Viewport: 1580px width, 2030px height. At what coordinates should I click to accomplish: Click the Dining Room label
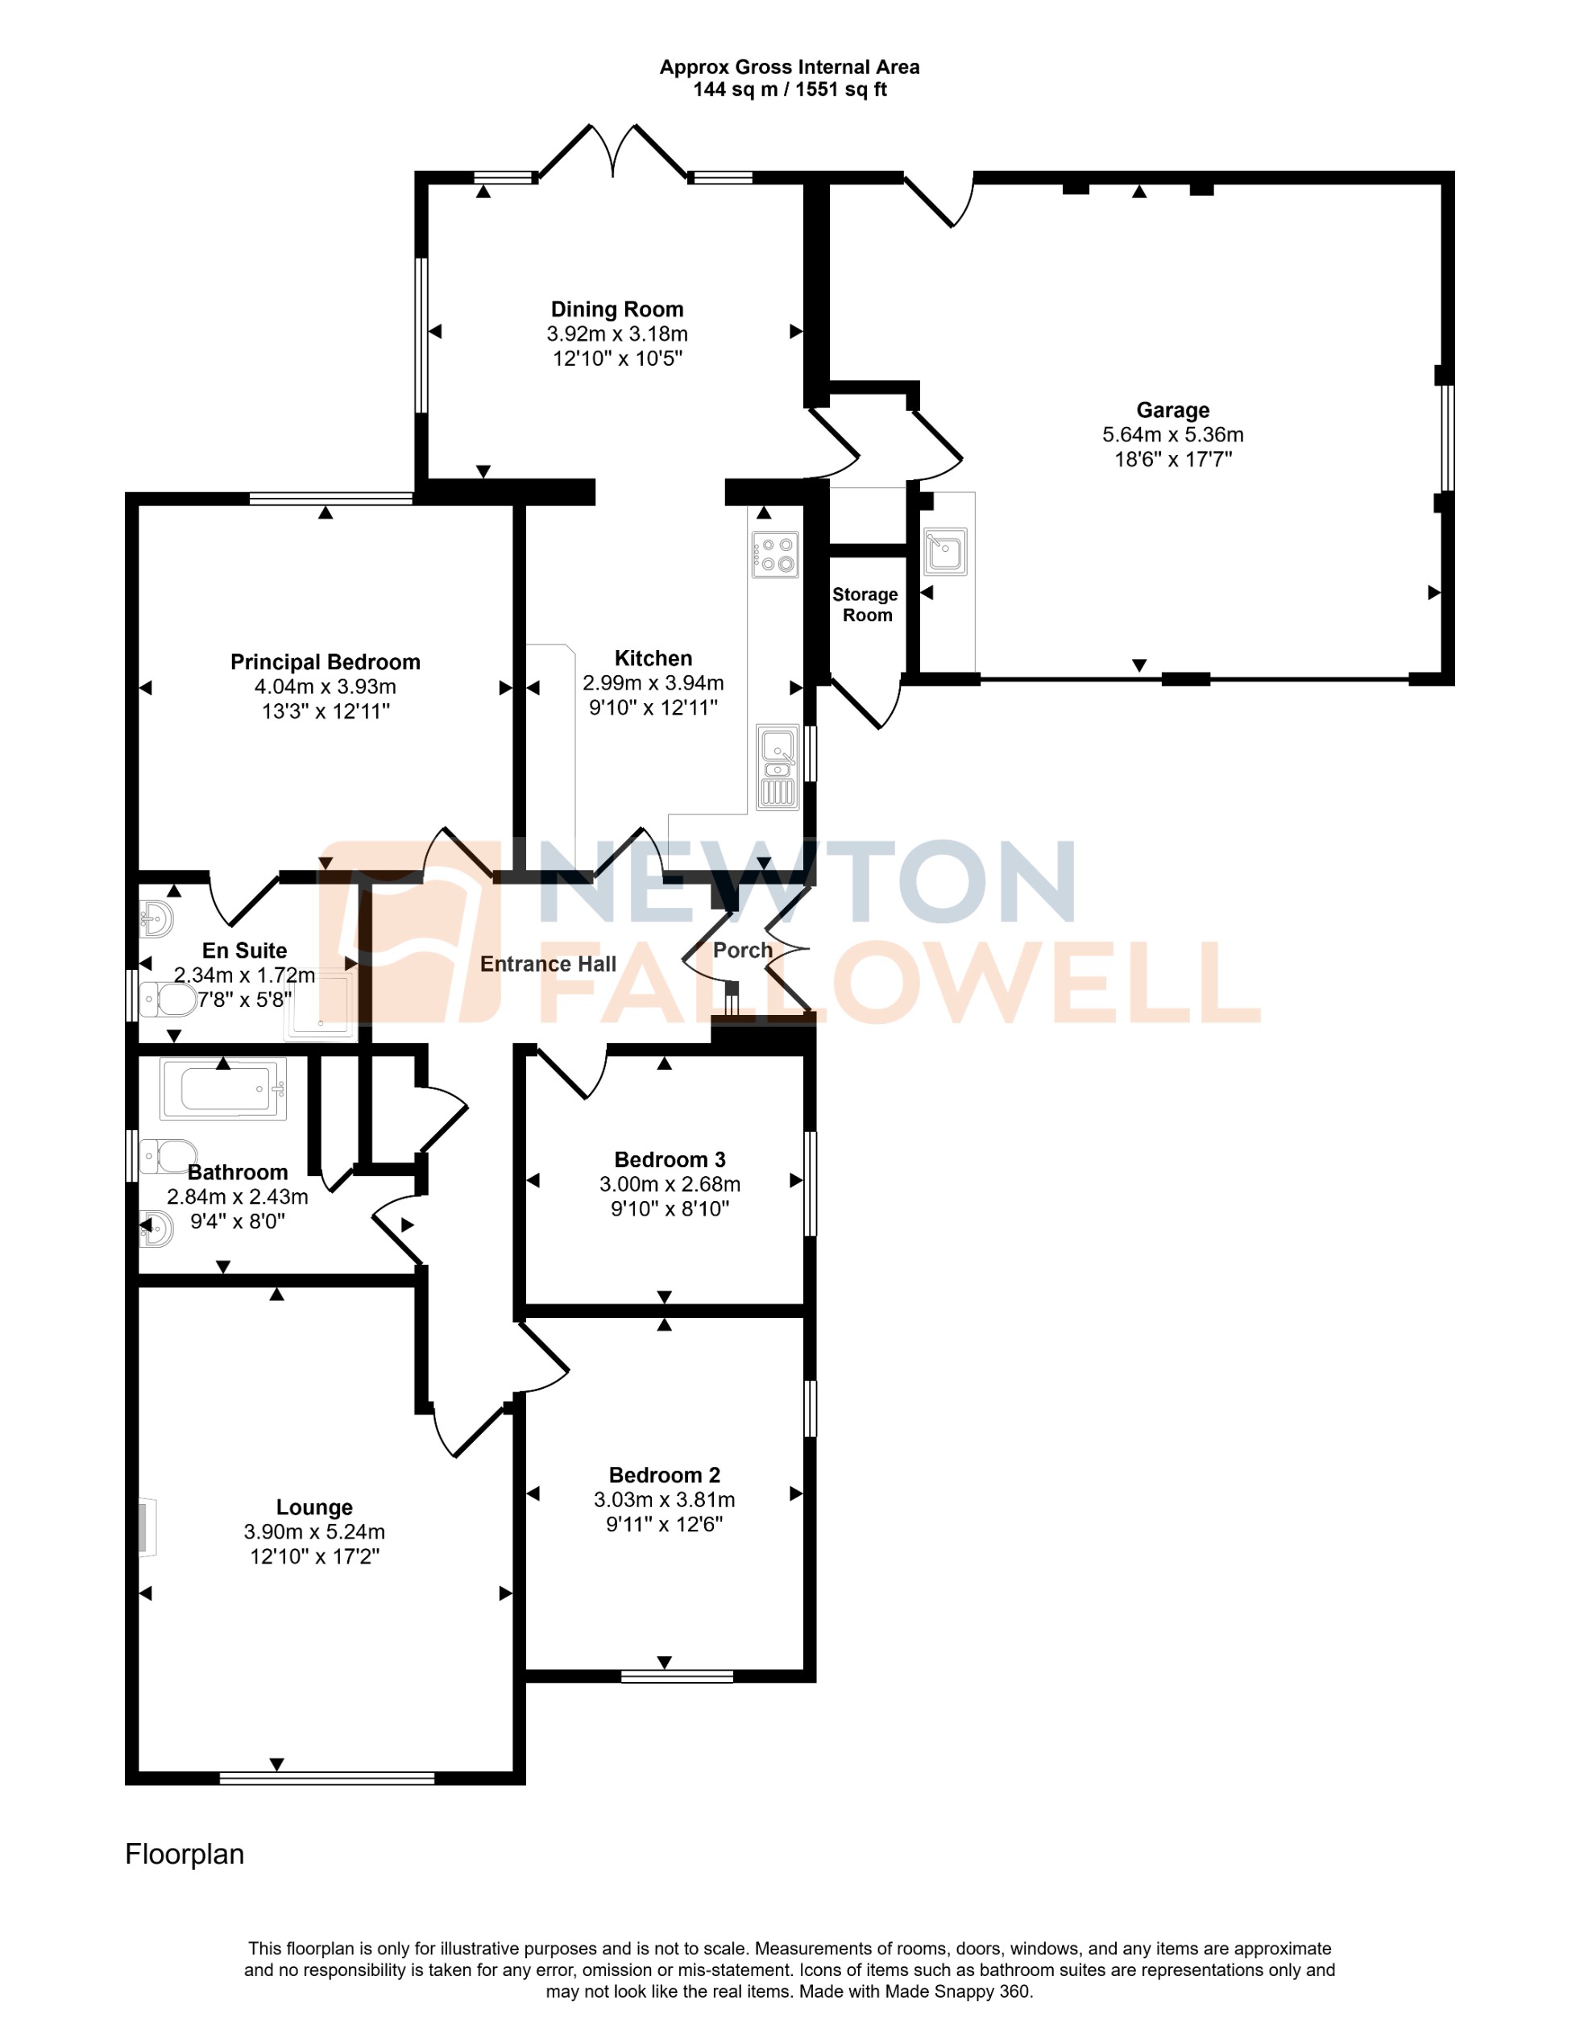(617, 309)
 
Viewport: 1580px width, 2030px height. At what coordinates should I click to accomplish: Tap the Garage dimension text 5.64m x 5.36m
(1173, 434)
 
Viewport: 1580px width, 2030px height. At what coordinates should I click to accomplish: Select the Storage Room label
(865, 604)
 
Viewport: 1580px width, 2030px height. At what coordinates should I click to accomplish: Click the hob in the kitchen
(775, 554)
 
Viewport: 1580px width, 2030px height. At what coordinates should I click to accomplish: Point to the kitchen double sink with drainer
(777, 768)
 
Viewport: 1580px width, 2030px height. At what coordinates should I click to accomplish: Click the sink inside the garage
(945, 551)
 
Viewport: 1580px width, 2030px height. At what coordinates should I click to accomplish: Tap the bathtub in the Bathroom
(223, 1088)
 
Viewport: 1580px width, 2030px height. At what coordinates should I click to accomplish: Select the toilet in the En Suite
(169, 1000)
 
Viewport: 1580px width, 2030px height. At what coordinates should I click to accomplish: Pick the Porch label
(743, 950)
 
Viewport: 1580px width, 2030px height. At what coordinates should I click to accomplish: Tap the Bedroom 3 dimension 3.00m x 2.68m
(670, 1184)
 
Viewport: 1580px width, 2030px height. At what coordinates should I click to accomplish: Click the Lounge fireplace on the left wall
(146, 1527)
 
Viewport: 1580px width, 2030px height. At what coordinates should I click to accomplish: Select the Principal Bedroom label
(326, 662)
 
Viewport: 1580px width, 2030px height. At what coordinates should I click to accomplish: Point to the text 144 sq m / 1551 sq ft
(789, 89)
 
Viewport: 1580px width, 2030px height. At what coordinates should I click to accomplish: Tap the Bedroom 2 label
(664, 1475)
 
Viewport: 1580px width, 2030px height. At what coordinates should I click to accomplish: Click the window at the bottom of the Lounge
(327, 1778)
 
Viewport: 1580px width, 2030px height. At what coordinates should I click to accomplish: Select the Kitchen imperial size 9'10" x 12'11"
(653, 707)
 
